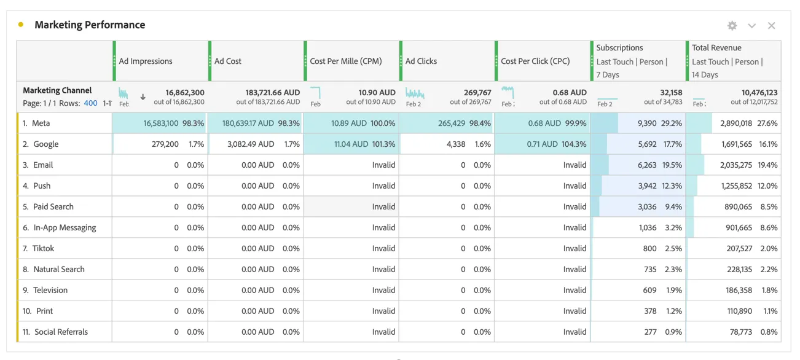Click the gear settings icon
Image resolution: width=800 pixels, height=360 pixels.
tap(732, 26)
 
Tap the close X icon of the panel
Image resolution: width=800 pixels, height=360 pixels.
tap(772, 26)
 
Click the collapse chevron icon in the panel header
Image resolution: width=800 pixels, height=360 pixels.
tap(752, 26)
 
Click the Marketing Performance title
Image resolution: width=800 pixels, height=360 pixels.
tap(90, 25)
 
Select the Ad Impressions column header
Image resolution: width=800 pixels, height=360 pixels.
tap(146, 61)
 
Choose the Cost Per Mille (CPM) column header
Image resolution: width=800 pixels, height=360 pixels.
tap(346, 61)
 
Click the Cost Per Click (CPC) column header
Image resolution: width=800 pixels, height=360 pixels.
tap(535, 61)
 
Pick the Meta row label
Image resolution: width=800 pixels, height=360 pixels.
tap(41, 123)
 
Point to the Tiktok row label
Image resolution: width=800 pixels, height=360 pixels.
tap(43, 248)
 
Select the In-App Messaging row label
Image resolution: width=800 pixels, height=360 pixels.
tap(65, 227)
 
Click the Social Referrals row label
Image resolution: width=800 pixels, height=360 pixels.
tap(61, 332)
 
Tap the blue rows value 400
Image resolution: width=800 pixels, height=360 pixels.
tap(90, 103)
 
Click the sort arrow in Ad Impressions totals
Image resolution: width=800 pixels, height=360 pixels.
tap(143, 97)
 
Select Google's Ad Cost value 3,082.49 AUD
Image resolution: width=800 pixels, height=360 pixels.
tap(251, 144)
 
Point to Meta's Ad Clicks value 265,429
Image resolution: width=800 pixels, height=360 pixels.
tap(452, 123)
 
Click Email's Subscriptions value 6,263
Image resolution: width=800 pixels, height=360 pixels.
tap(647, 165)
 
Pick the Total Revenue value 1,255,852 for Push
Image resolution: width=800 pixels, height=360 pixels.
tap(737, 186)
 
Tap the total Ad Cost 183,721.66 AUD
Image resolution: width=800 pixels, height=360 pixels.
tap(272, 93)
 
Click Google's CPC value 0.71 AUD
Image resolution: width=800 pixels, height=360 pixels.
tap(542, 144)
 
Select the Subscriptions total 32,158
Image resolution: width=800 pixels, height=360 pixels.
tap(671, 93)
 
